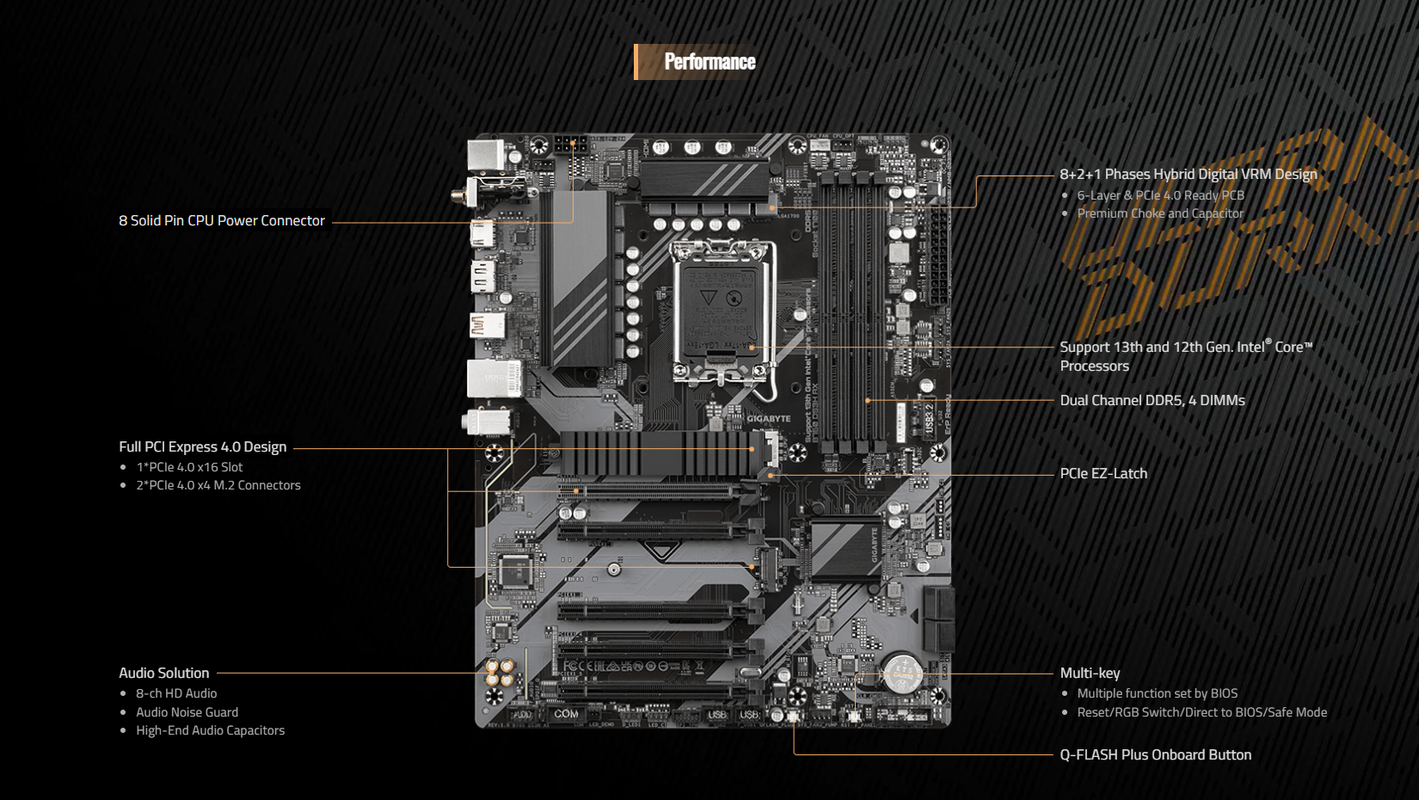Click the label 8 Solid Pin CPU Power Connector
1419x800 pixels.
click(x=222, y=221)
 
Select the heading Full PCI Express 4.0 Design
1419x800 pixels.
click(x=203, y=447)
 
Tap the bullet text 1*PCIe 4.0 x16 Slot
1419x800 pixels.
click(x=189, y=467)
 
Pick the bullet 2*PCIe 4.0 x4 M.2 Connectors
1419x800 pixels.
click(x=218, y=485)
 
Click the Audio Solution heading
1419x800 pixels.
click(x=164, y=674)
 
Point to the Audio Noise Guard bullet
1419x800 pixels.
click(x=187, y=712)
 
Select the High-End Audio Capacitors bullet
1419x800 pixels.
click(x=210, y=730)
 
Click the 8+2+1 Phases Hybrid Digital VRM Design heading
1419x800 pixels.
click(x=1189, y=175)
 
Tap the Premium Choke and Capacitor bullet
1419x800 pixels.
click(x=1160, y=213)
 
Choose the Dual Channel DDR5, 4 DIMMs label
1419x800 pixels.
click(x=1152, y=401)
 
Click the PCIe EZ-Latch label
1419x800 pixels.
click(x=1103, y=474)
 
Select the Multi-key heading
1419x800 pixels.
click(x=1090, y=674)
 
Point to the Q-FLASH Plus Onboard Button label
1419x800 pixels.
click(x=1155, y=755)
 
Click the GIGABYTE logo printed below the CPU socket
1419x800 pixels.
click(x=768, y=419)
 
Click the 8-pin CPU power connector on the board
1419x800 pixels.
click(x=570, y=144)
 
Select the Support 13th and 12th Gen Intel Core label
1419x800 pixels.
click(x=1185, y=356)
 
